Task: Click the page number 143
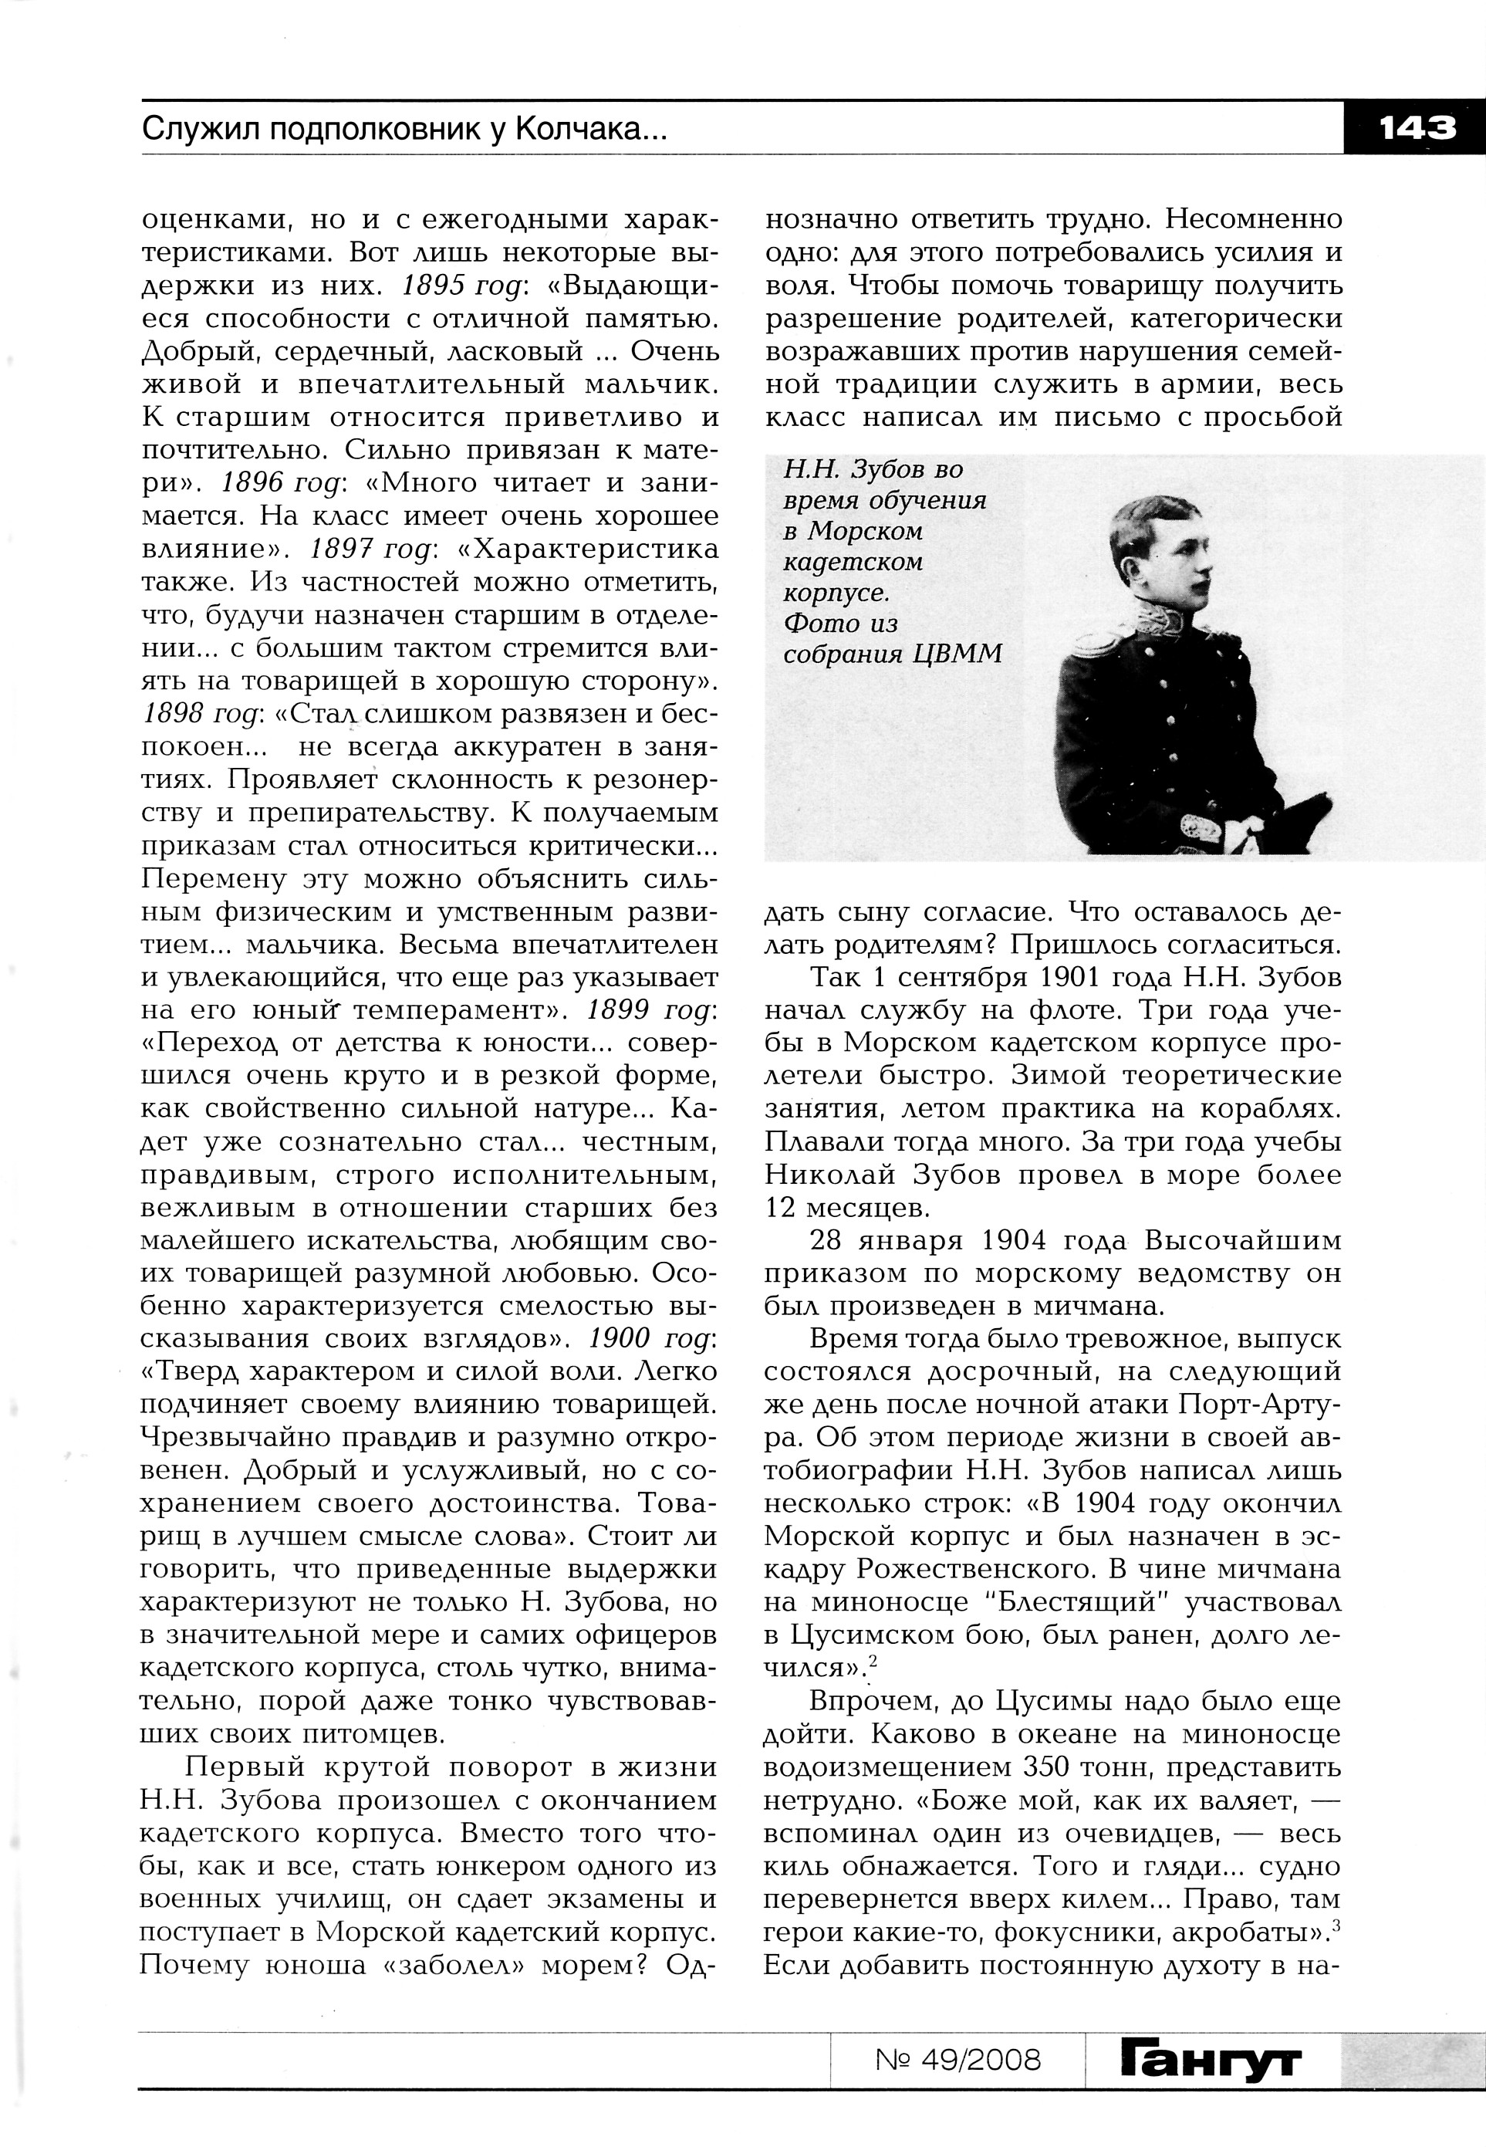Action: [1416, 127]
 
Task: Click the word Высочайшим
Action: [1243, 1240]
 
